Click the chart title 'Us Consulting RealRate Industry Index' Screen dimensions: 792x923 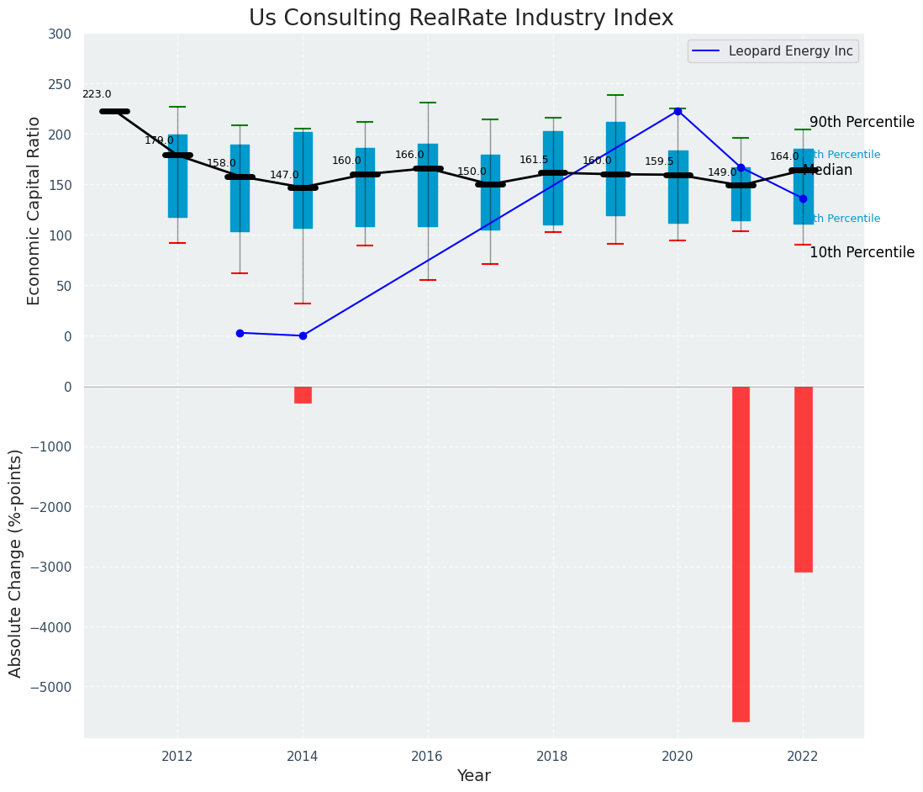coord(461,18)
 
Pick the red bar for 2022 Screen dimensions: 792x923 coord(803,479)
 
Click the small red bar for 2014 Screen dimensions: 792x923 coord(303,394)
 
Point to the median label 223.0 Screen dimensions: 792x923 coord(97,95)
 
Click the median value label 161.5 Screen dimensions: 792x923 coord(534,160)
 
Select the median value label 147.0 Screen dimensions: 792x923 coord(284,175)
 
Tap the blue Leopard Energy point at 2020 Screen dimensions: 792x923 coord(678,111)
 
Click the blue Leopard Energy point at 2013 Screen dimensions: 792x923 coord(240,333)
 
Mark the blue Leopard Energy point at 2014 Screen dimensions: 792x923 coord(303,335)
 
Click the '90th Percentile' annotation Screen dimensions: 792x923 coord(862,123)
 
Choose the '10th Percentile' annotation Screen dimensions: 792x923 coord(862,252)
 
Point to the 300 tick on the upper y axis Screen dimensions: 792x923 coord(66,34)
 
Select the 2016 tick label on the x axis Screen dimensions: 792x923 coord(428,756)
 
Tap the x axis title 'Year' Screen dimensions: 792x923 coord(473,776)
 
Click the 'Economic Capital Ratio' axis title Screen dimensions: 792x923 coord(34,210)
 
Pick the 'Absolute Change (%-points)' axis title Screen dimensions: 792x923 coord(16,562)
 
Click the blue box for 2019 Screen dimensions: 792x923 coord(615,168)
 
